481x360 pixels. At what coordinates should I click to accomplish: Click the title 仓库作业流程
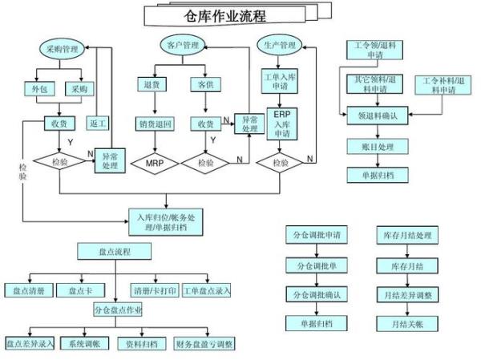225,15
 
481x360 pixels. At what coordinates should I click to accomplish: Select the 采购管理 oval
62,50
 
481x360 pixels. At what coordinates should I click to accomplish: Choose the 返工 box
99,124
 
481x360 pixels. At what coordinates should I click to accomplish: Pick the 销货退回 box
156,123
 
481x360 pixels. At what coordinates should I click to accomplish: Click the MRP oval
156,164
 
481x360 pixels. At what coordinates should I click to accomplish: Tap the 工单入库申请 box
281,82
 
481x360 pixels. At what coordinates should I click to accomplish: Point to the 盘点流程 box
115,252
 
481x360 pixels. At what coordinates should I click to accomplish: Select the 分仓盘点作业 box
118,310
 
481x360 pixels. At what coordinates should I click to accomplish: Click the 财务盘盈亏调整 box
204,343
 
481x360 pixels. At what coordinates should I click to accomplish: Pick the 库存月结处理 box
407,236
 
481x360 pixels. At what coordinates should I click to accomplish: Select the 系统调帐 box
84,343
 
